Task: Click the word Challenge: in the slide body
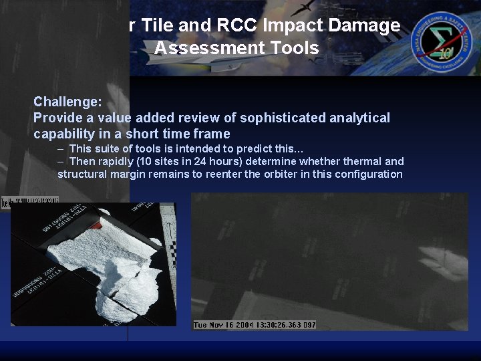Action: coord(67,102)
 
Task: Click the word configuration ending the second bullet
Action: coord(370,174)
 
